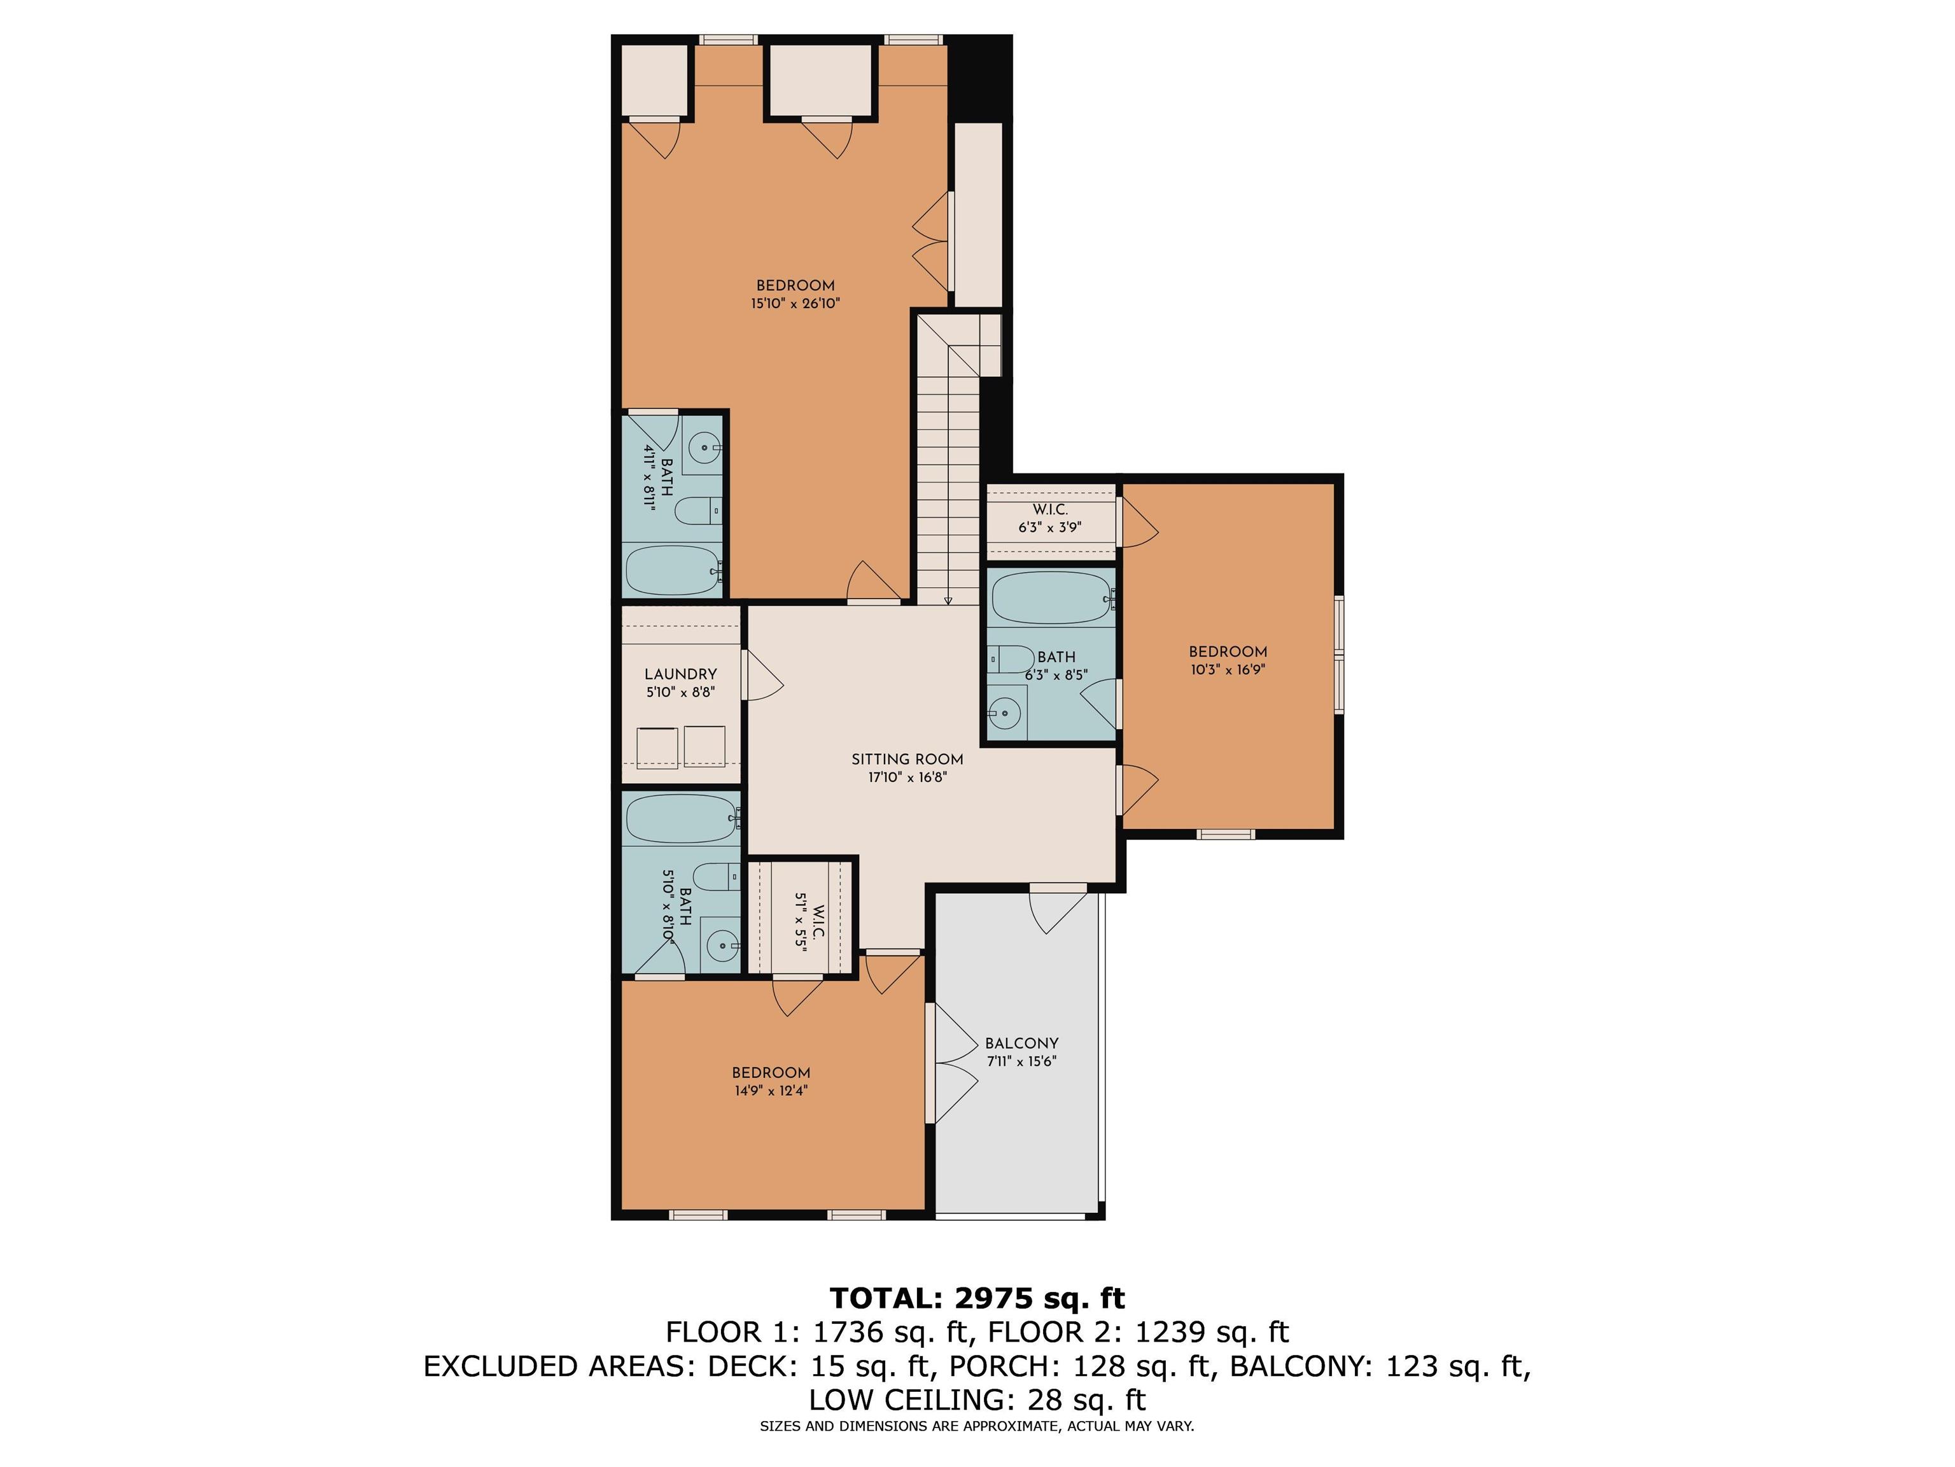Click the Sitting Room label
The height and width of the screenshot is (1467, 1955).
907,760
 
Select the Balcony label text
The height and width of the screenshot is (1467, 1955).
1021,1044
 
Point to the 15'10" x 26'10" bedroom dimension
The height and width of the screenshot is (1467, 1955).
795,303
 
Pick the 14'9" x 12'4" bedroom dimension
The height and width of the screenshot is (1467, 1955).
771,1090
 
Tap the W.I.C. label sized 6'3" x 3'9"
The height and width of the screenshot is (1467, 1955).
1050,510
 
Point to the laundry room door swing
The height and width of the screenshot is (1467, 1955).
764,676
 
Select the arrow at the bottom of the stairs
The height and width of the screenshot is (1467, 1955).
948,600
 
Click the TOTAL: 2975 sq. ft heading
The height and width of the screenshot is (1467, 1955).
977,1298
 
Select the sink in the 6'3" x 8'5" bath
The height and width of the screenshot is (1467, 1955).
1005,712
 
